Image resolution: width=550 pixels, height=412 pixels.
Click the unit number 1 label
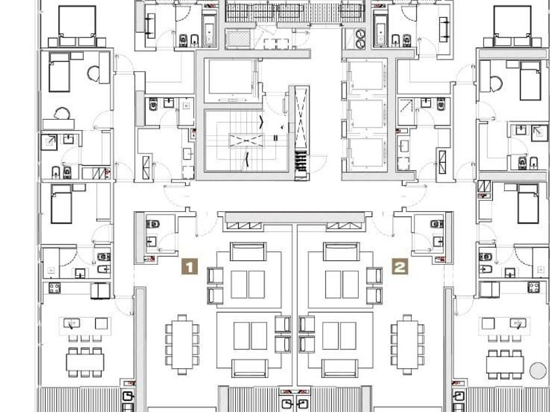(x=189, y=266)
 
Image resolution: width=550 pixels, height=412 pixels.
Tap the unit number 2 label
(x=400, y=266)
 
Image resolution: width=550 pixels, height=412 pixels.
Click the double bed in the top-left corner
(x=77, y=25)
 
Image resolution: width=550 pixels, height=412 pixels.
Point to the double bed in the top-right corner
(x=513, y=25)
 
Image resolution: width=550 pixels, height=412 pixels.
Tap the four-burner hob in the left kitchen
(x=54, y=288)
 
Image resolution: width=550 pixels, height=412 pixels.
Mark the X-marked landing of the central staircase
(x=245, y=140)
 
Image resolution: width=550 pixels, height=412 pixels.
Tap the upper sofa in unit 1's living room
(x=248, y=252)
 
